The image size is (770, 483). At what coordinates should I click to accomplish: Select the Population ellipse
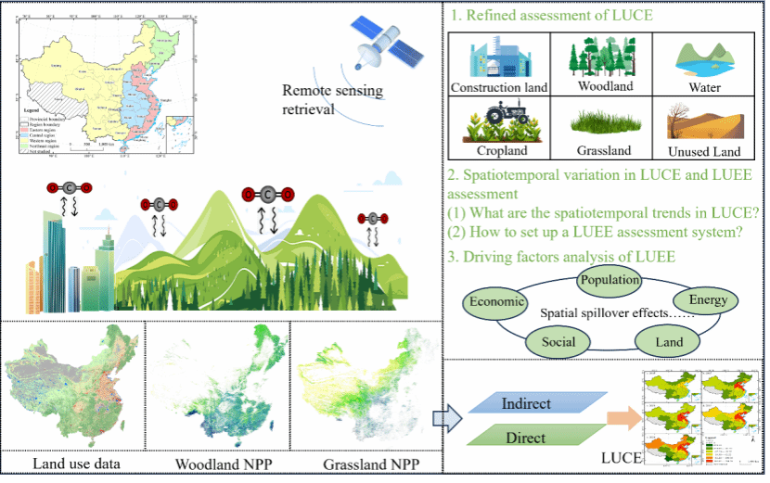[x=609, y=279]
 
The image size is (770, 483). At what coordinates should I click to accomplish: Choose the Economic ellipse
[x=498, y=301]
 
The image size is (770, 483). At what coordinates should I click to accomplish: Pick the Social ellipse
[x=558, y=342]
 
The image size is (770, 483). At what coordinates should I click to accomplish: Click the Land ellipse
[x=669, y=342]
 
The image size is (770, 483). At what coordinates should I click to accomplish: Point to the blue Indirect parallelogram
[x=527, y=404]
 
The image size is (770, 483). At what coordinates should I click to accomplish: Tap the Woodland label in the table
[x=605, y=86]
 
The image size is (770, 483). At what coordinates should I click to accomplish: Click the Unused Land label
[x=703, y=151]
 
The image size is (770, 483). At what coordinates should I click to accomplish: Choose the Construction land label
[x=499, y=88]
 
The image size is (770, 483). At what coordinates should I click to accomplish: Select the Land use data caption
[x=77, y=464]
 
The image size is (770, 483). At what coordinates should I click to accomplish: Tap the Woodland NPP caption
[x=219, y=464]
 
